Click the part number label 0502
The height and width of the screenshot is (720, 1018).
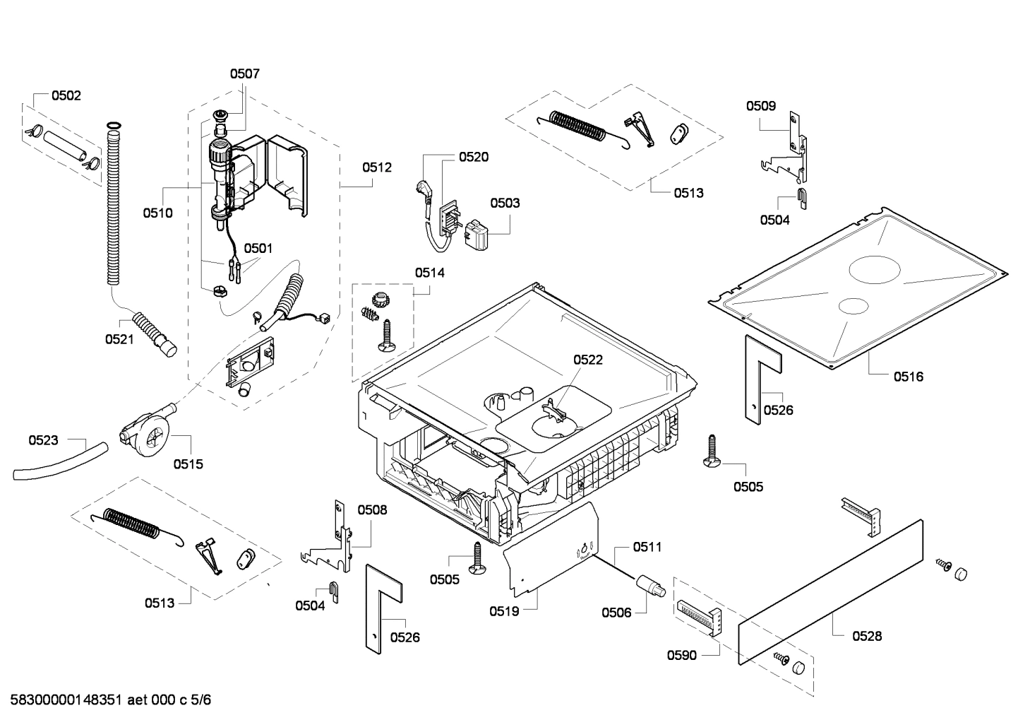click(x=66, y=95)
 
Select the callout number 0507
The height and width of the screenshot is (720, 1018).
click(x=244, y=73)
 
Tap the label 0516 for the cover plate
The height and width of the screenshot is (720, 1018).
click(x=908, y=377)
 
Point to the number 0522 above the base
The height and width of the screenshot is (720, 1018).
click(x=587, y=360)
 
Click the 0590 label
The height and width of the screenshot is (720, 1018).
click(x=681, y=655)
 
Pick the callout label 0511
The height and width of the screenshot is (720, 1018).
click(x=647, y=546)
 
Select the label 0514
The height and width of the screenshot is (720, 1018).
click(x=429, y=272)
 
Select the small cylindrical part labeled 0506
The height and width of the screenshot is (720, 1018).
click(x=651, y=586)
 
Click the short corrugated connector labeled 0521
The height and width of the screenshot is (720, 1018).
click(x=156, y=334)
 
